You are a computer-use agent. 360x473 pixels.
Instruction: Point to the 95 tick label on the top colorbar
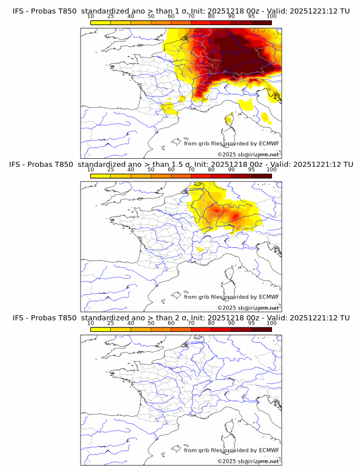tap(251, 17)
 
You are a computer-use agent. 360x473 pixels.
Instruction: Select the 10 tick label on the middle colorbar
tap(91, 170)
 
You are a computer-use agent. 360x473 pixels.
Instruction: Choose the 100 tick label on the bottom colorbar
tap(271, 323)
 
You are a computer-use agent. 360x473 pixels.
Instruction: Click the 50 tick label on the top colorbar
tap(151, 17)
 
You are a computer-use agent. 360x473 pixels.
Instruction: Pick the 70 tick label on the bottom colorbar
tap(191, 323)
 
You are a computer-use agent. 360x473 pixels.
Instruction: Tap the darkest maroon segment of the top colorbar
tap(262, 22)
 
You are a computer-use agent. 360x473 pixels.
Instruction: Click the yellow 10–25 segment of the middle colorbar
tap(101, 176)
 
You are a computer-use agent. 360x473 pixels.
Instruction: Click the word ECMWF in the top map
tap(269, 143)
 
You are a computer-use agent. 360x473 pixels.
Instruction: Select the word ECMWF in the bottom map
tap(269, 450)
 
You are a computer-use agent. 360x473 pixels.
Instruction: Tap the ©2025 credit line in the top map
tap(248, 155)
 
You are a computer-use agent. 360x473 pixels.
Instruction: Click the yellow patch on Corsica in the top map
tap(229, 119)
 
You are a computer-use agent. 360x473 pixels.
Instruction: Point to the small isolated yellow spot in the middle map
tap(200, 249)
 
